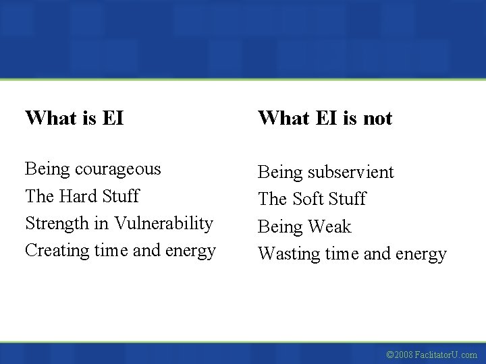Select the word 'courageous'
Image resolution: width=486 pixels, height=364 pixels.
tap(119, 169)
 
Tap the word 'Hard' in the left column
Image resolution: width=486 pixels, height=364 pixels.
tap(80, 196)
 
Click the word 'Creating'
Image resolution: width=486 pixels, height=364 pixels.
tap(57, 250)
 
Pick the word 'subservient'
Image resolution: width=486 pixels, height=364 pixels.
tap(350, 172)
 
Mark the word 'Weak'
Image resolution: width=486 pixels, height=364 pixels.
tap(329, 226)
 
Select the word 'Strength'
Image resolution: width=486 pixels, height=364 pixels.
tap(56, 223)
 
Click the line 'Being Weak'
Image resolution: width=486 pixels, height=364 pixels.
tap(304, 226)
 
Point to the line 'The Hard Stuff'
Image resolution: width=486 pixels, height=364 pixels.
tap(82, 196)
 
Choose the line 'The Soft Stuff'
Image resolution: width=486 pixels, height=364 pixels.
tap(312, 199)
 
